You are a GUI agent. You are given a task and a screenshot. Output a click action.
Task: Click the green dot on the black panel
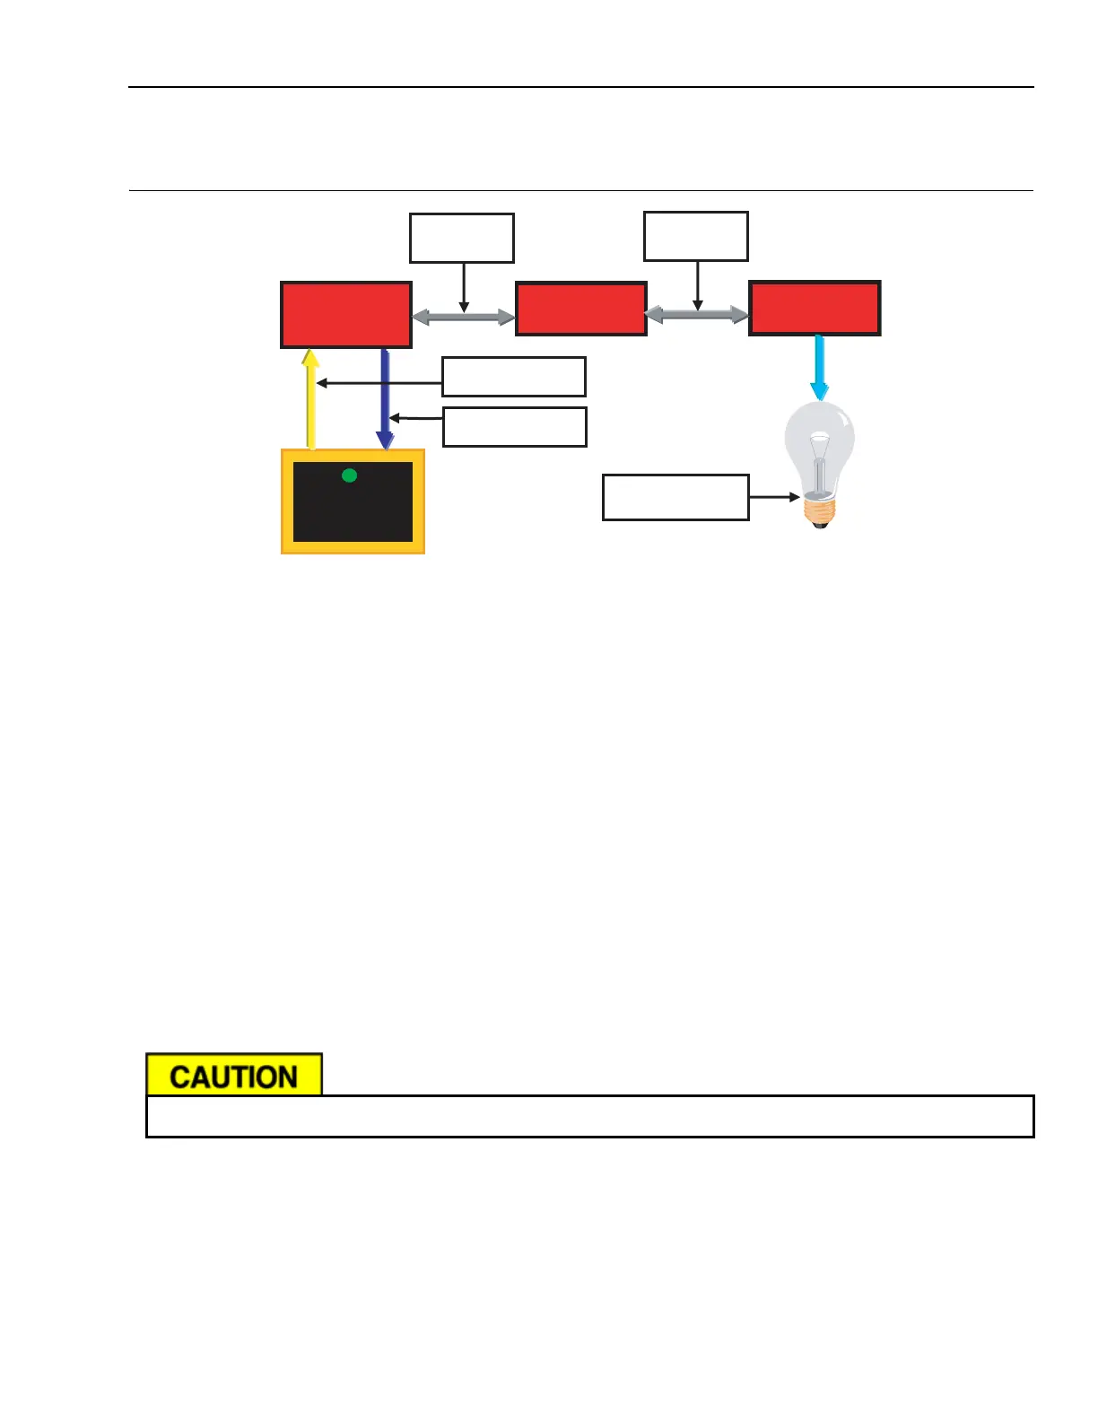click(350, 475)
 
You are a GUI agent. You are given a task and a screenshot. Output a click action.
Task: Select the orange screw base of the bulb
click(819, 511)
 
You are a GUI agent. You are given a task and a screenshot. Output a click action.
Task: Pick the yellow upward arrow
click(311, 399)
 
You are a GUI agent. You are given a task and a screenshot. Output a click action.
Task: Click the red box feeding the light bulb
click(815, 309)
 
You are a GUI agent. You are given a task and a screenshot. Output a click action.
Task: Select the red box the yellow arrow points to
click(346, 315)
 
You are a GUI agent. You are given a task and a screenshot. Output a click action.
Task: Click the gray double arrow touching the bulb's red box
click(697, 314)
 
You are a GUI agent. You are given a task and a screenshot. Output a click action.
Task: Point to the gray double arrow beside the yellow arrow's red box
click(463, 317)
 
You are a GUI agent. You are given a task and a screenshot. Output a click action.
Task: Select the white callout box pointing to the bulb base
click(675, 497)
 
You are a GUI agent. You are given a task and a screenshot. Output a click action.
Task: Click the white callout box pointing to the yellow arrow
click(514, 377)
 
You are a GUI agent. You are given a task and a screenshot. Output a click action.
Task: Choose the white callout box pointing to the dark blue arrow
click(515, 427)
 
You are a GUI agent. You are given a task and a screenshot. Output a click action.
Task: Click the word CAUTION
click(233, 1077)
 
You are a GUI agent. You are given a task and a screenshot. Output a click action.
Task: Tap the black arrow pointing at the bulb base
click(773, 497)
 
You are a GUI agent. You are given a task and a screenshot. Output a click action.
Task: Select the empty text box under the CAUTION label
click(589, 1117)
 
